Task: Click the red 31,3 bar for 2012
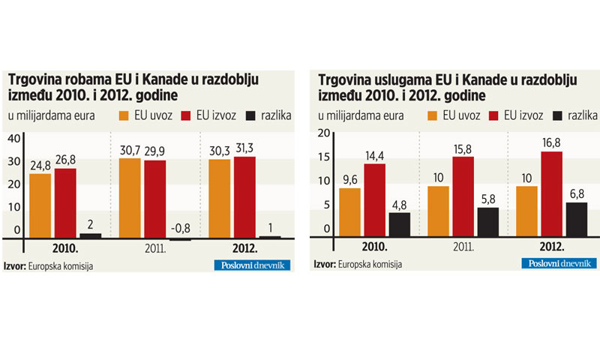pos(244,197)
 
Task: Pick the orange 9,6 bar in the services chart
pos(350,211)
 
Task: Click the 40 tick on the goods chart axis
pos(13,139)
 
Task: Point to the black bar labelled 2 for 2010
pos(90,235)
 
